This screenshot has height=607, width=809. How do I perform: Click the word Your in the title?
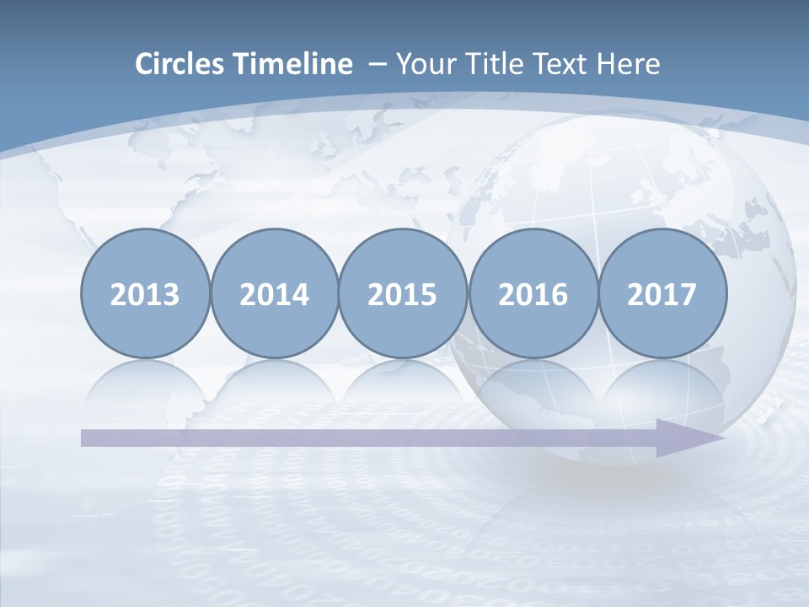422,64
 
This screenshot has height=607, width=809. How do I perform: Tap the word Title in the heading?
483,64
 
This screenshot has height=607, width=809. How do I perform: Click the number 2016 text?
533,295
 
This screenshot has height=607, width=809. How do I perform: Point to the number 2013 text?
145,295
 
